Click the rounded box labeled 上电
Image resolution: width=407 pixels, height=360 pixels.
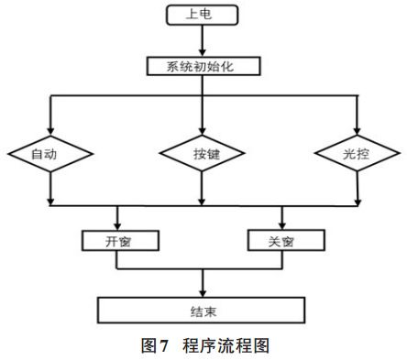pos(201,15)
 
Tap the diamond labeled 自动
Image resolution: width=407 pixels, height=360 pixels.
pos(49,155)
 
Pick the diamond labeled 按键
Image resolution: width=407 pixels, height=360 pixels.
pos(201,155)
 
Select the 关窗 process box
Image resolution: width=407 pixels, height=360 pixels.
pos(282,241)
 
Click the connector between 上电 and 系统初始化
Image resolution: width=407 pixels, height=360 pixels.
pos(201,41)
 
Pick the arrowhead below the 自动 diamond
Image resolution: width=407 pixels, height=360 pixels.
pos(49,201)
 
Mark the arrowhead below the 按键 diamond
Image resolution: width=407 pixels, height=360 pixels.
pos(201,201)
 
